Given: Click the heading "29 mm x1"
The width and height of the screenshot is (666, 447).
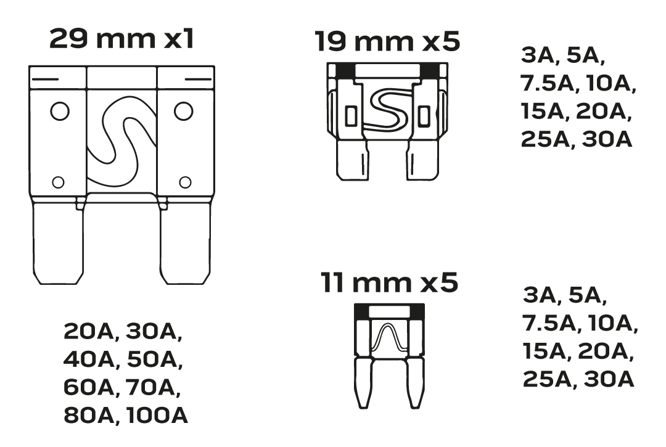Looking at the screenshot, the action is coord(121,39).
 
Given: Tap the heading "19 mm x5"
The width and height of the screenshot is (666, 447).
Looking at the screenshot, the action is coord(387,41).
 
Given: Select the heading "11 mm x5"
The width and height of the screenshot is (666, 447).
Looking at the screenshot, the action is coord(389,283).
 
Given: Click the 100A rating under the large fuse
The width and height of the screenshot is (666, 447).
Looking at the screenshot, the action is coord(157,415).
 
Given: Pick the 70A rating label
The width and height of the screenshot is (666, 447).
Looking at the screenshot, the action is coord(151,387).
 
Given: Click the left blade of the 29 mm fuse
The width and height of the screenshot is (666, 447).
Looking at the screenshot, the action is coord(58,244).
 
